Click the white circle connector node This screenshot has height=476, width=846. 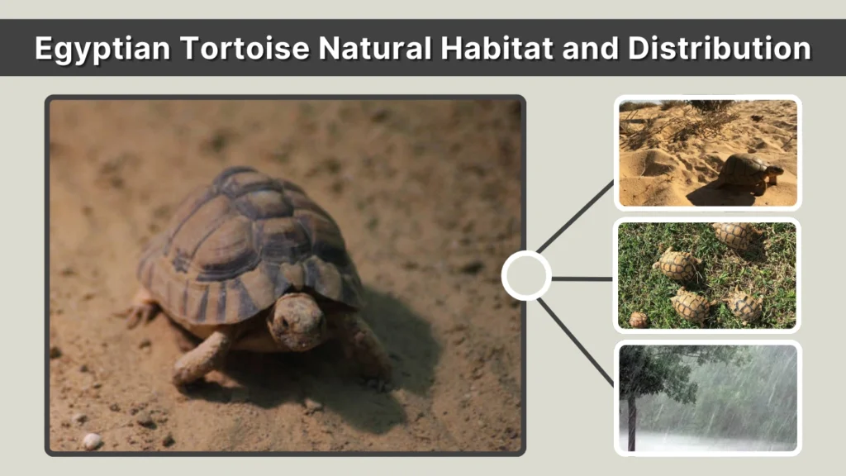click(x=526, y=276)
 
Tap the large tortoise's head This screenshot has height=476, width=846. click(x=297, y=321)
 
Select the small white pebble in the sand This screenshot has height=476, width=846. click(x=91, y=440)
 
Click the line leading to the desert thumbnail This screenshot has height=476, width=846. click(x=576, y=217)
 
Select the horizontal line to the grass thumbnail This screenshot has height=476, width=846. click(x=582, y=278)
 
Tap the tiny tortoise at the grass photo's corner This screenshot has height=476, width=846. click(x=638, y=319)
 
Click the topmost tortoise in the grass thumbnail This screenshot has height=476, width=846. click(x=732, y=233)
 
